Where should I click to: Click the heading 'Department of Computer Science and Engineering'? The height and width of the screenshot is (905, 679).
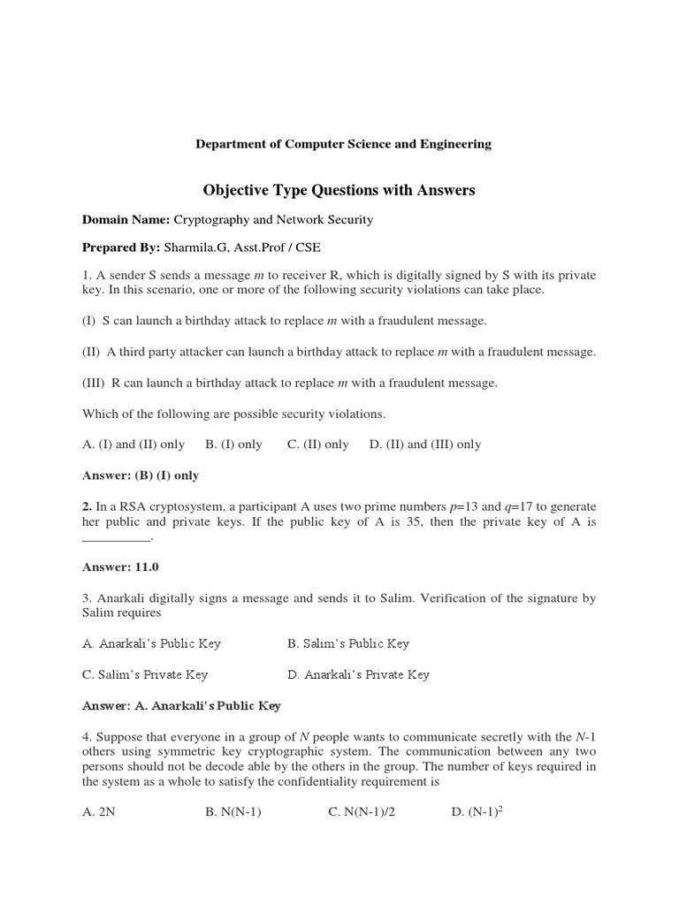pos(343,144)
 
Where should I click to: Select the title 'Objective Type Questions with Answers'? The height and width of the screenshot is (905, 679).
pos(339,190)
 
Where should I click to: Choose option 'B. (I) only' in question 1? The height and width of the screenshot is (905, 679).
pos(233,445)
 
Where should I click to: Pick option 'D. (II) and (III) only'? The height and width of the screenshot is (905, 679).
pos(425,445)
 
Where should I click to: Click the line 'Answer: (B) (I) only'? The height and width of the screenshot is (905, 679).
pos(141,475)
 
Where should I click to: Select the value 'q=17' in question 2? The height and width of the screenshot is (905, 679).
pos(515,506)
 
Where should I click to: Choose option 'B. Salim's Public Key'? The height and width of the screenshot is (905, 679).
pos(348,643)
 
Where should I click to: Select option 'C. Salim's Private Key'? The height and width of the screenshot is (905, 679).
pos(145,674)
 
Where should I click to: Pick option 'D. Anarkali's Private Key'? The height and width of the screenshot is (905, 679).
pos(359,674)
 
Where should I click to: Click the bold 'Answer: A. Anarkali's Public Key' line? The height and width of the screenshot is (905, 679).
pos(181,705)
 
